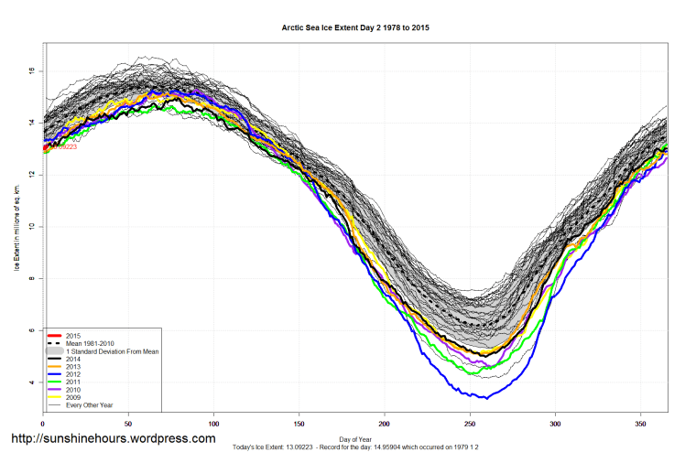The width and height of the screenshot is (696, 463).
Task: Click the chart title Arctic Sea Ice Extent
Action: point(354,28)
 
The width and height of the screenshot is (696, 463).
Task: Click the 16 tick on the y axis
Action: point(32,70)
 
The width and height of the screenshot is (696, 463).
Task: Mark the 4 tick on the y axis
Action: point(33,382)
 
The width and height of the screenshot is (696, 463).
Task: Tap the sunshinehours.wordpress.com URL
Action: point(112,439)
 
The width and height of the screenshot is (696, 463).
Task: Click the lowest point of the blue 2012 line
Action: point(486,398)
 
